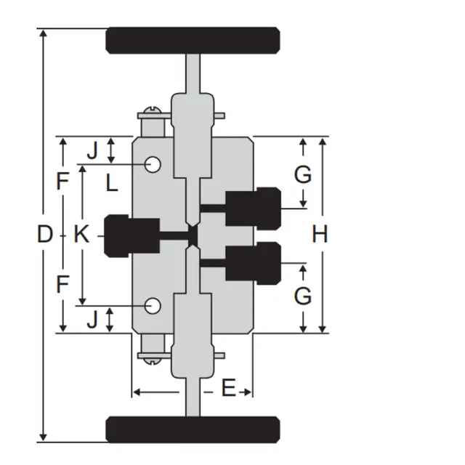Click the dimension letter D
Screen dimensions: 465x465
pyautogui.click(x=45, y=234)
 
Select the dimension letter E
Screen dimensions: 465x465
pyautogui.click(x=228, y=387)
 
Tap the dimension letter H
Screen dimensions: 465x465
pyautogui.click(x=320, y=234)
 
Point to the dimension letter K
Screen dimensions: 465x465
pyautogui.click(x=81, y=234)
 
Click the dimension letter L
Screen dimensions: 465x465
pyautogui.click(x=112, y=182)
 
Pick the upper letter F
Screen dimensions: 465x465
pyautogui.click(x=62, y=181)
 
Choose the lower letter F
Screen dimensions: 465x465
pyautogui.click(x=62, y=284)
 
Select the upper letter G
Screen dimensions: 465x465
pyautogui.click(x=303, y=174)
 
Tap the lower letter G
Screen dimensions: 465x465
pyautogui.click(x=303, y=296)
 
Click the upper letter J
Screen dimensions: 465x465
pyautogui.click(x=92, y=150)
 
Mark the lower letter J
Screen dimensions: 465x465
pyautogui.click(x=92, y=320)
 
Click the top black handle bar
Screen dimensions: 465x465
pyautogui.click(x=193, y=41)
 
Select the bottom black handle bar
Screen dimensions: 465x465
pyautogui.click(x=193, y=429)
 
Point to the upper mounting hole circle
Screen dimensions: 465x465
pyautogui.click(x=153, y=164)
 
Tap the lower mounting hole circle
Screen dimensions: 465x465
pyautogui.click(x=153, y=306)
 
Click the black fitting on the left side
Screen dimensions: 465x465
pyautogui.click(x=132, y=235)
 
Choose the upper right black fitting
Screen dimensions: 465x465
pyautogui.click(x=254, y=209)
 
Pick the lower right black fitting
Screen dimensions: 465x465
pyautogui.click(x=254, y=263)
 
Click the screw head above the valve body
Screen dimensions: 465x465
pyautogui.click(x=153, y=110)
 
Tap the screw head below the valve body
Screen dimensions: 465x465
pyautogui.click(x=153, y=361)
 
